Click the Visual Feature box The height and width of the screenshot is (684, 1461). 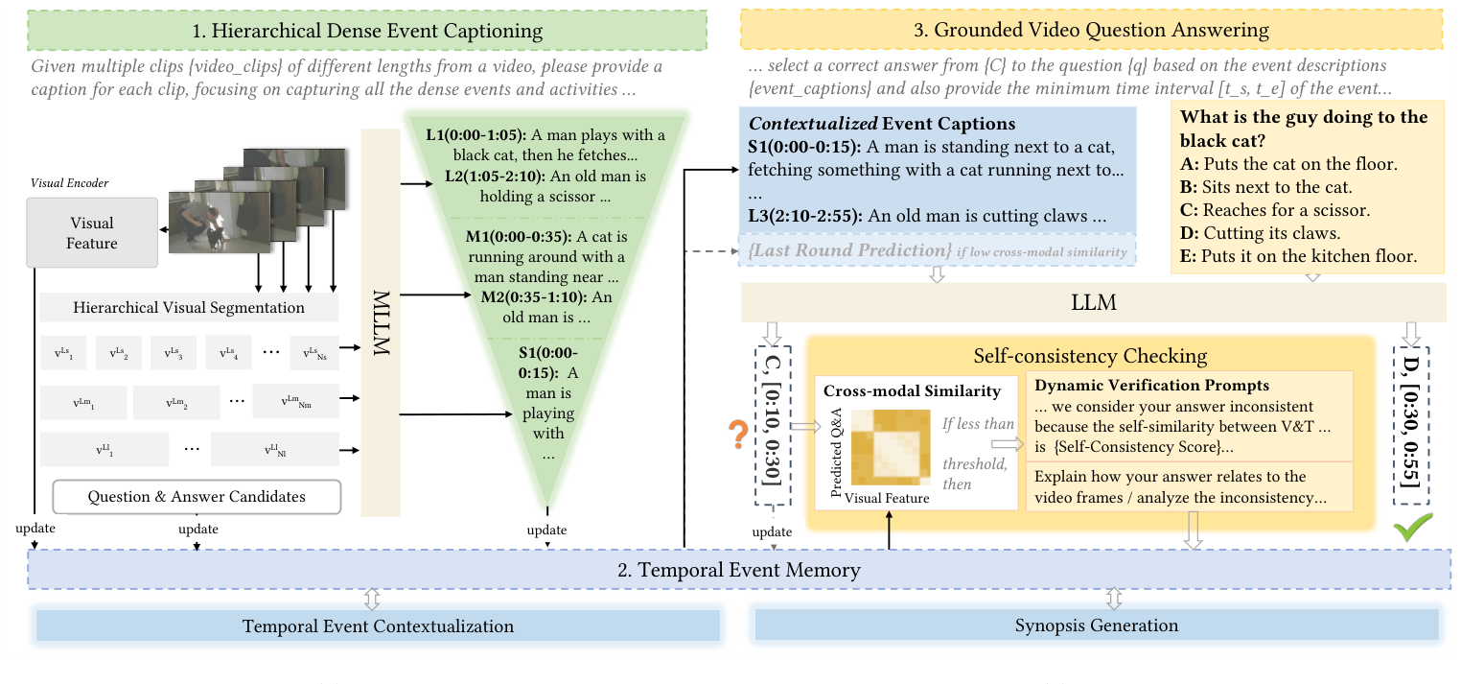92,233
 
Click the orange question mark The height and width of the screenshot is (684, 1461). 738,436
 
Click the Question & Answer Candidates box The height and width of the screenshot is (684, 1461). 197,496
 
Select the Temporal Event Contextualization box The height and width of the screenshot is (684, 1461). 378,626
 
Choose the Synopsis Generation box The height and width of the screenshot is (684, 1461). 1096,625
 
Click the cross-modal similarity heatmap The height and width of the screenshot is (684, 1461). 890,450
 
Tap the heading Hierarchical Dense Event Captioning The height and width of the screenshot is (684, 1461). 367,31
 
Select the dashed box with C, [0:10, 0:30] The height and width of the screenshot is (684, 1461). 773,425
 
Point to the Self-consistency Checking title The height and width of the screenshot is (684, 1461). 1089,356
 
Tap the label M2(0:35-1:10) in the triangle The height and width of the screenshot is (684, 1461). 532,297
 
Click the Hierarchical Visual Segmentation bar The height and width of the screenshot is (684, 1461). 189,308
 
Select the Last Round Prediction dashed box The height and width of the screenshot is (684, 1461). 938,250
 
